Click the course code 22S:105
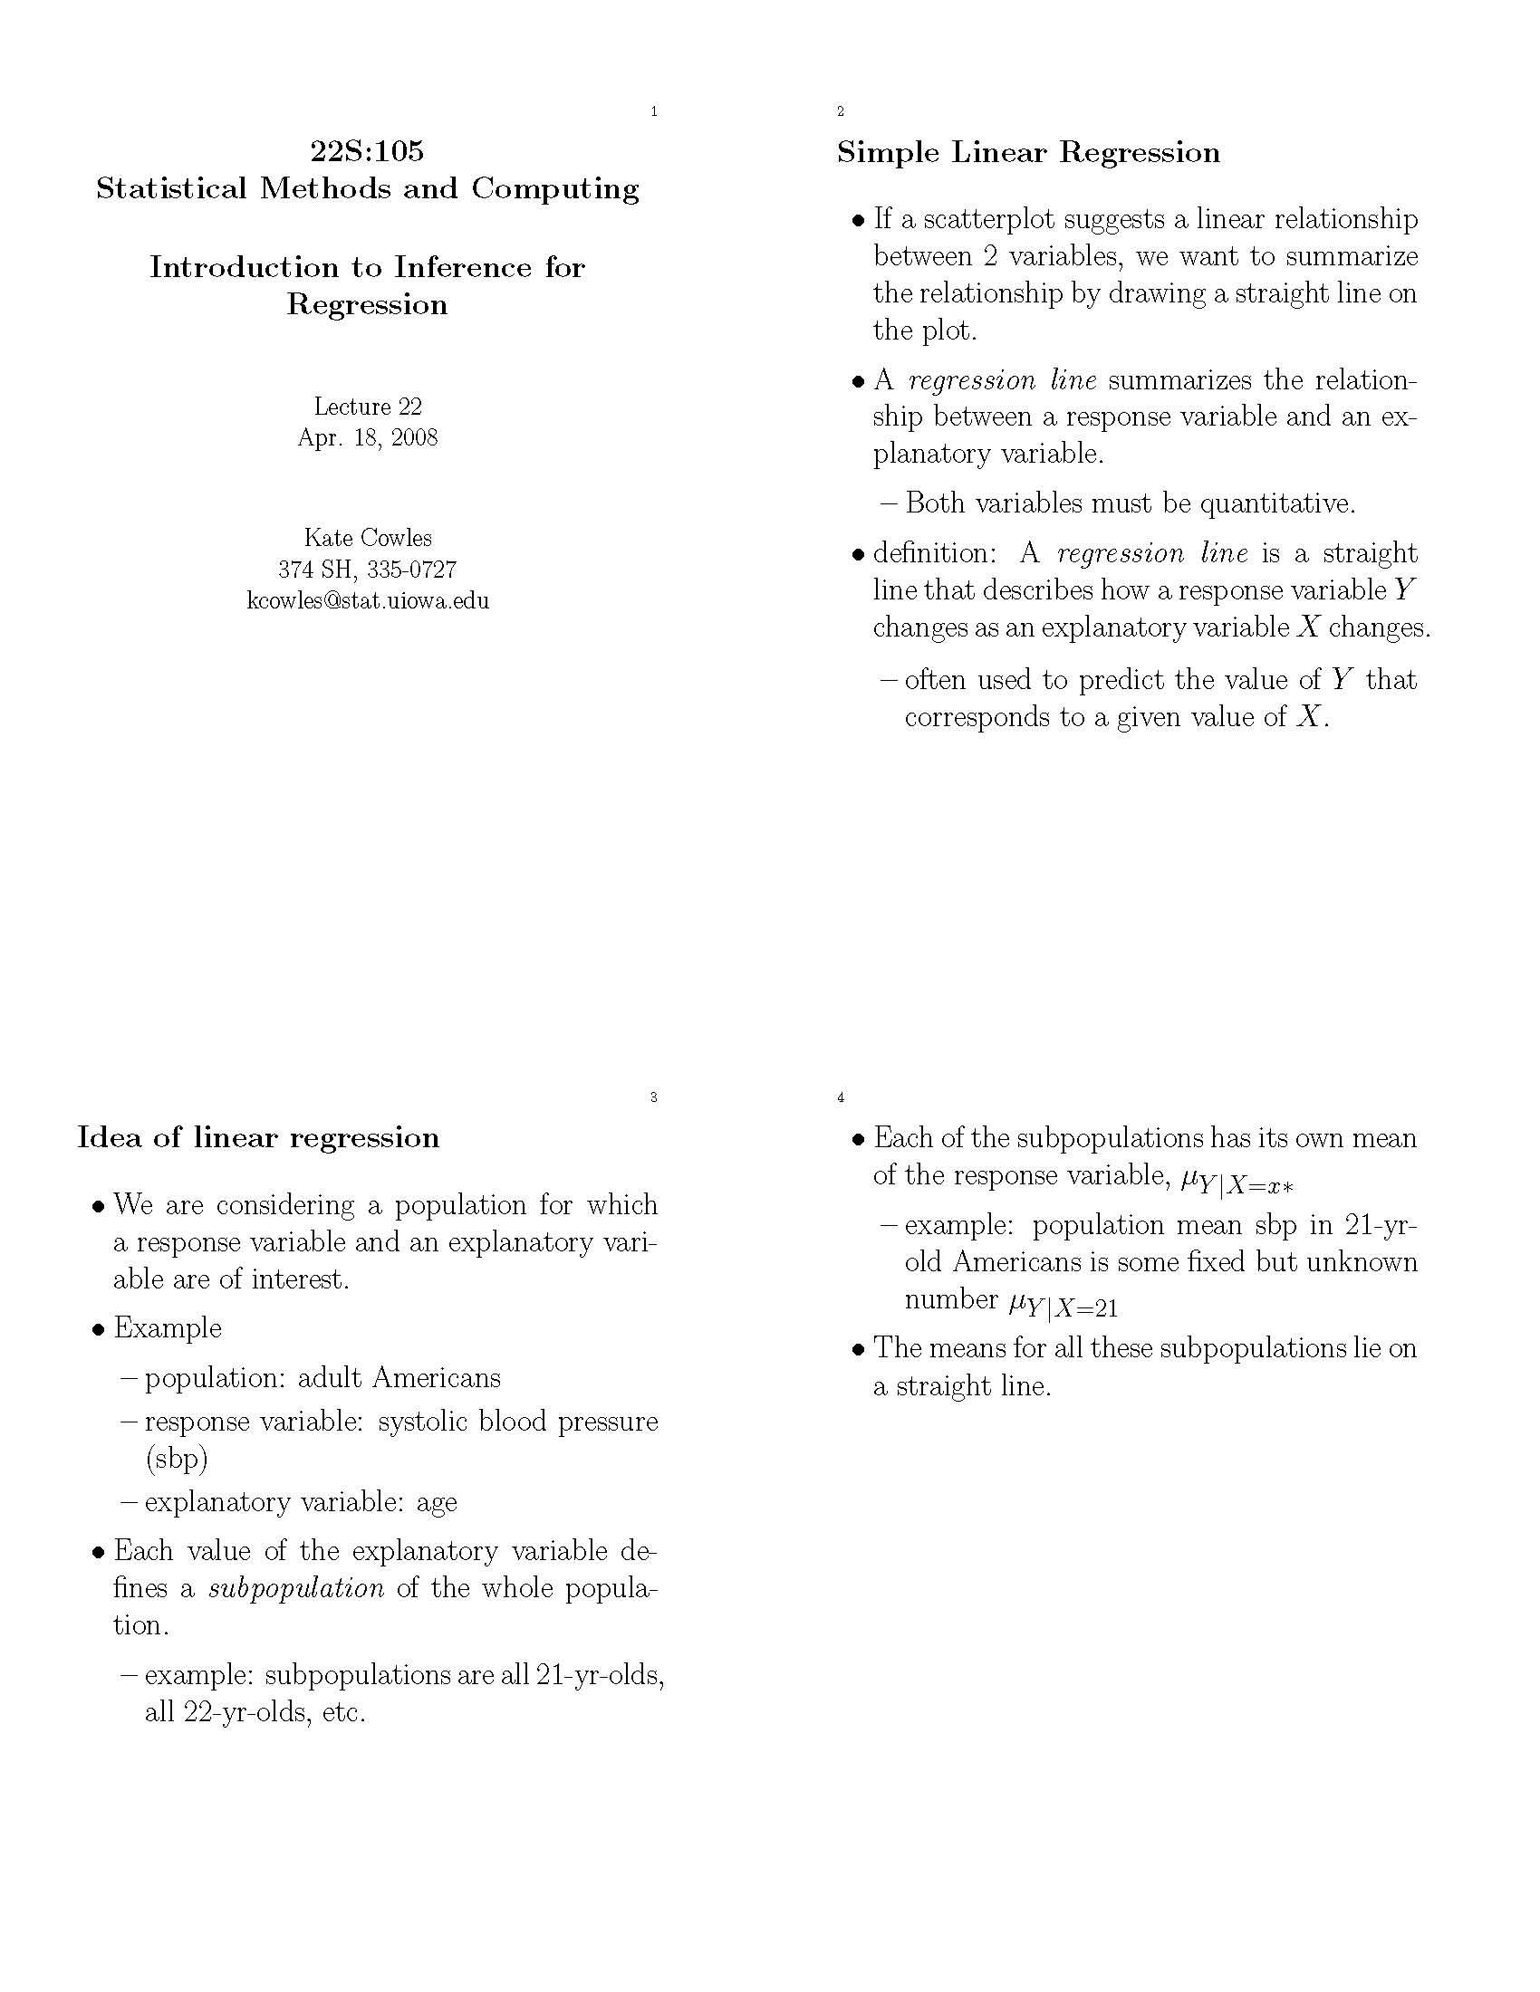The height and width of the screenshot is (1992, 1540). (x=367, y=150)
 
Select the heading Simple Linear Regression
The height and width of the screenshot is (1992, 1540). (x=1028, y=152)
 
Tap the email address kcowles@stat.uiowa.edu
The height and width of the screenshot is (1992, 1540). (x=368, y=600)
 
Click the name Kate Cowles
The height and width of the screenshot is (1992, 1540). (x=368, y=537)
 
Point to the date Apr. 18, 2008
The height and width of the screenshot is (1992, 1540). (x=368, y=438)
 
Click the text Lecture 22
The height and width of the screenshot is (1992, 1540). (x=368, y=406)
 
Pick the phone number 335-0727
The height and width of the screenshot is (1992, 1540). (x=411, y=570)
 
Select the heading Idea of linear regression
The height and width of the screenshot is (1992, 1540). (x=258, y=1137)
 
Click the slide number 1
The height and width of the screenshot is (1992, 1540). (x=654, y=111)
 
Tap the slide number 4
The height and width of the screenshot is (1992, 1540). (x=841, y=1097)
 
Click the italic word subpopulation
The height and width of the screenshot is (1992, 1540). (x=296, y=1588)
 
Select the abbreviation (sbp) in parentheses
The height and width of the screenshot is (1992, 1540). (x=176, y=1460)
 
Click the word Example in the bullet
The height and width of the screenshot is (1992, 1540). (x=167, y=1328)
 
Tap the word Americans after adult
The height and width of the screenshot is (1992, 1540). (x=436, y=1377)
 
